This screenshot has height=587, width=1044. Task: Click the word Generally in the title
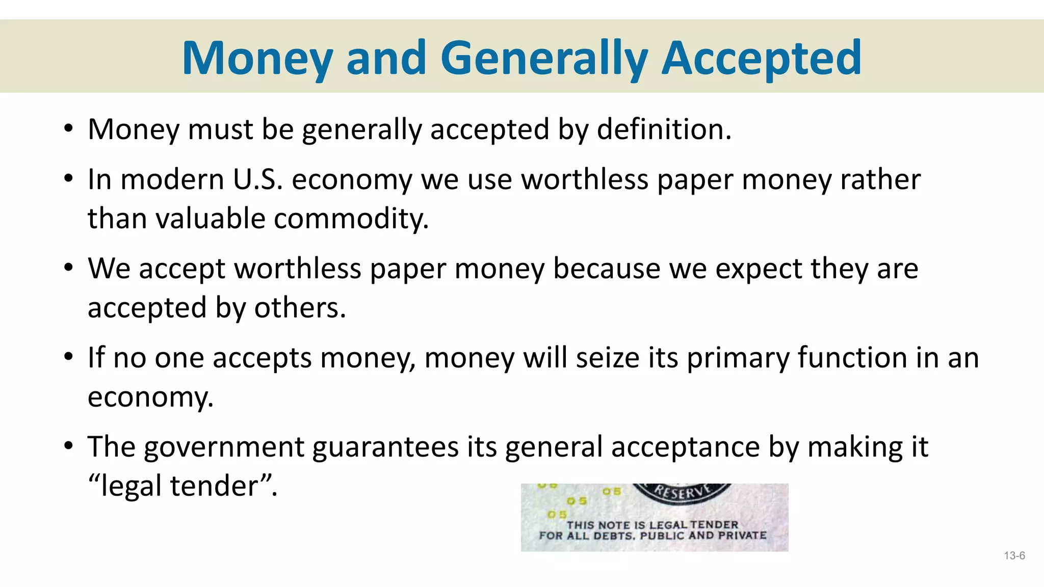(544, 59)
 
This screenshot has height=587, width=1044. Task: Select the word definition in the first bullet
(664, 129)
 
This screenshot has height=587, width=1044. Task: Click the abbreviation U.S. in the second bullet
(257, 180)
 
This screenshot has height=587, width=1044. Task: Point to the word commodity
(351, 219)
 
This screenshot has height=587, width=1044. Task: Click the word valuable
(211, 219)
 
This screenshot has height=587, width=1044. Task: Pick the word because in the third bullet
(607, 269)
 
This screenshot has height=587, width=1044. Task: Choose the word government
(224, 447)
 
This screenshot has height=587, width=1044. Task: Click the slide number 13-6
(1014, 556)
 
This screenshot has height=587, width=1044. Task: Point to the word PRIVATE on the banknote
(742, 536)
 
